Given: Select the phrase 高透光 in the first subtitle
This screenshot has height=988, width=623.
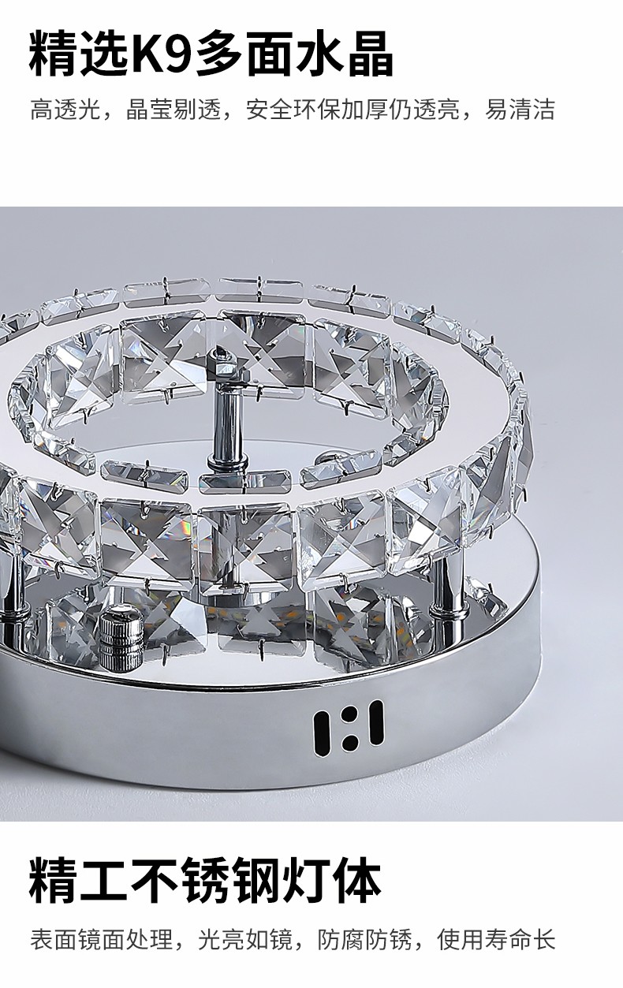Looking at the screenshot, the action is [x=65, y=110].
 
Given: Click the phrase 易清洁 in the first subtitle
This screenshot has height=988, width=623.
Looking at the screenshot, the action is [x=520, y=110].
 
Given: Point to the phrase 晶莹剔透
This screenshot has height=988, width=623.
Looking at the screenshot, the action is [x=173, y=110].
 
